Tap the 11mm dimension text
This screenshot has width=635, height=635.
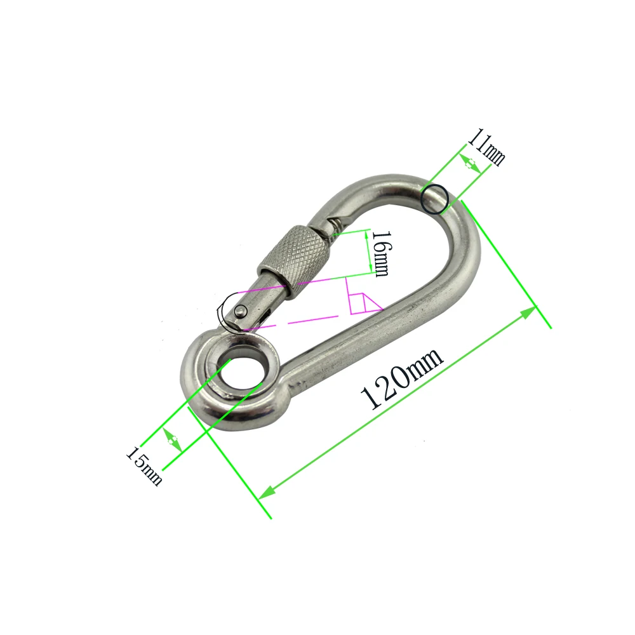(x=486, y=147)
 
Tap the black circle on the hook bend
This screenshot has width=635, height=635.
(x=436, y=199)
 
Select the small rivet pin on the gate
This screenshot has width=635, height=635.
(x=241, y=311)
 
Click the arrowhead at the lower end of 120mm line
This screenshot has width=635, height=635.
(x=268, y=491)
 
